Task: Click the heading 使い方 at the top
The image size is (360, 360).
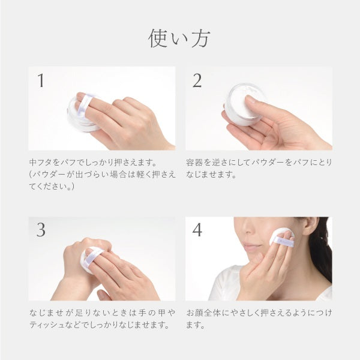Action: (x=179, y=38)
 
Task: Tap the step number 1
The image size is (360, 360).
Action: (x=41, y=80)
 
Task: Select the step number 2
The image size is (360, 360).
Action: (x=197, y=80)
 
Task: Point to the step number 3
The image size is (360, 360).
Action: (x=41, y=230)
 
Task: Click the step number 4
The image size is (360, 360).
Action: (x=197, y=230)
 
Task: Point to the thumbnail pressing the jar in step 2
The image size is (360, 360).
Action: (x=250, y=100)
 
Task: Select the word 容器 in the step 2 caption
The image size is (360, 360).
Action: (x=194, y=163)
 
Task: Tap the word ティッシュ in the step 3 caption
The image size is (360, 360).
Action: (x=47, y=325)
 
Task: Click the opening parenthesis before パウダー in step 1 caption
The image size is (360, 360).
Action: (x=31, y=175)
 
